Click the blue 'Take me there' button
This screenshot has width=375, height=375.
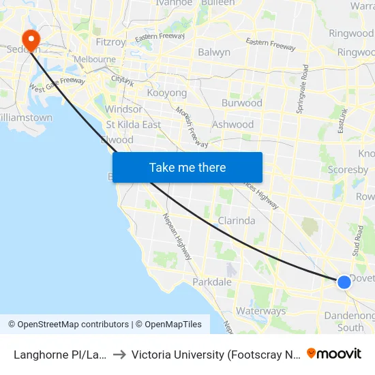(187, 167)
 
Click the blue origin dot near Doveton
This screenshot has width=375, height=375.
(344, 281)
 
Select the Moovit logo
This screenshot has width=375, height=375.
(334, 354)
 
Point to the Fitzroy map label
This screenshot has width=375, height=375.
(111, 42)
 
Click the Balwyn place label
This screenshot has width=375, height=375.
(213, 52)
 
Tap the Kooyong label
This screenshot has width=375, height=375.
(166, 93)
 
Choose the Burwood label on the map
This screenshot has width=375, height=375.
(241, 103)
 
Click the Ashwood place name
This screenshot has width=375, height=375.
(232, 124)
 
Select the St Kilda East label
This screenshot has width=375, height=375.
(133, 124)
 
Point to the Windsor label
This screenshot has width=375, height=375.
(123, 109)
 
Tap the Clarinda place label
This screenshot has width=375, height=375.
(236, 220)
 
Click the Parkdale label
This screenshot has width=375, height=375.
(212, 282)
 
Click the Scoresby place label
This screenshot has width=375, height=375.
(348, 170)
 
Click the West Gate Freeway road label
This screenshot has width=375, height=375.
(57, 85)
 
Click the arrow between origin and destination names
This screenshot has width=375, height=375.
(119, 355)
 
